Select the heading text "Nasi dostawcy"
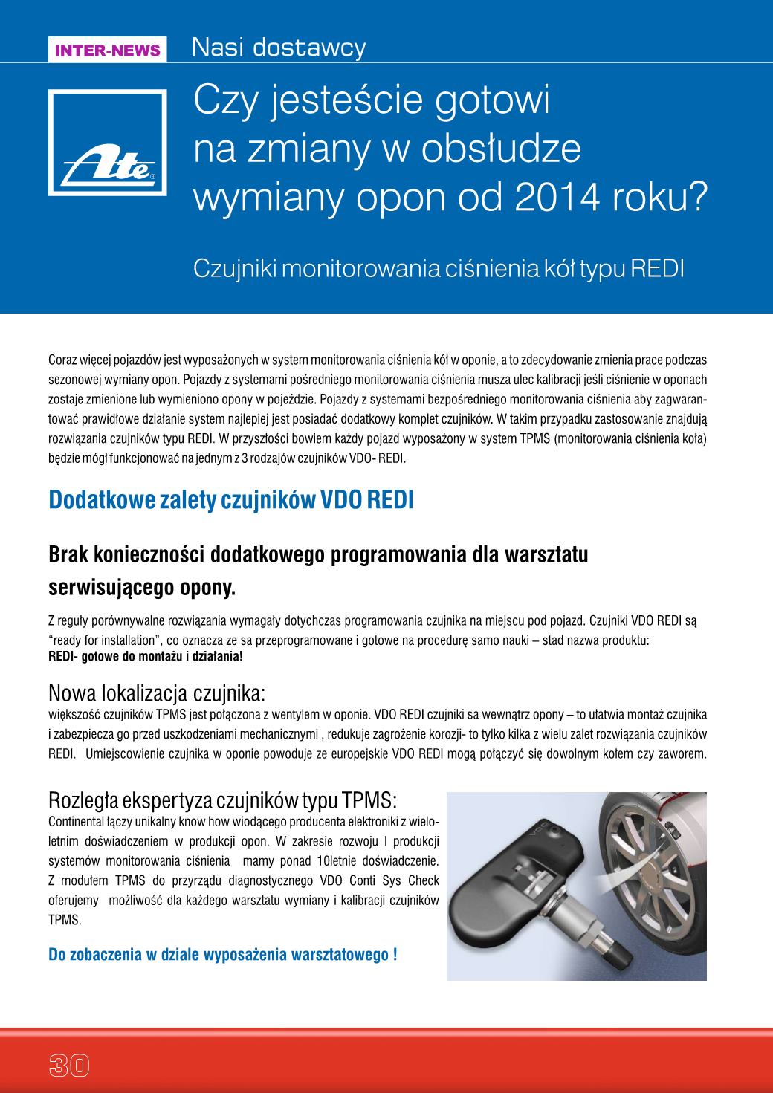click(x=279, y=48)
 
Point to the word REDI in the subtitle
click(x=657, y=268)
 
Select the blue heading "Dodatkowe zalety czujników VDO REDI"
click(x=230, y=500)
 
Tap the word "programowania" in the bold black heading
click(x=410, y=555)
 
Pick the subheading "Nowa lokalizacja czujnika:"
click(x=157, y=694)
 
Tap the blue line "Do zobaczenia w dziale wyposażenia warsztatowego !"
click(x=222, y=954)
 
